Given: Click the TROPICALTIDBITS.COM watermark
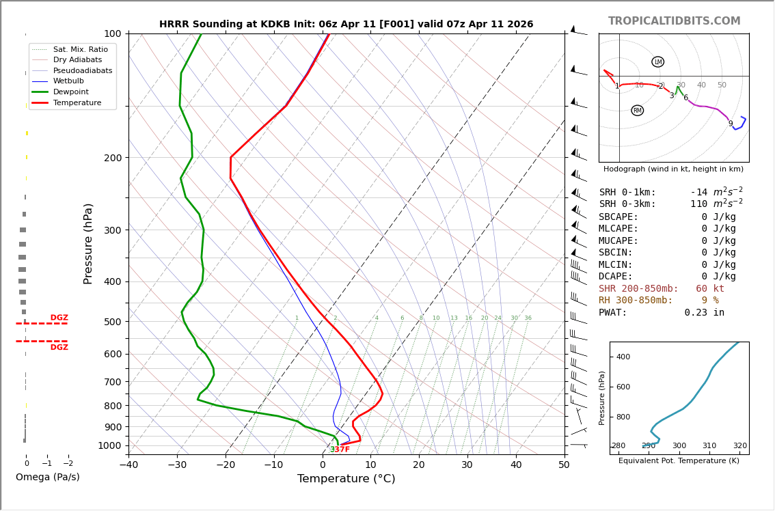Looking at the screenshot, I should (x=674, y=21).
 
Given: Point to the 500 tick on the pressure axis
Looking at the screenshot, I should (x=113, y=322).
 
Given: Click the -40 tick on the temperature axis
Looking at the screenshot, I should (x=128, y=465).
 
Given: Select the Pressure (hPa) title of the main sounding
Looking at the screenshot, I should (x=88, y=243).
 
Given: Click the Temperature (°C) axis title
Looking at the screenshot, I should (x=346, y=479).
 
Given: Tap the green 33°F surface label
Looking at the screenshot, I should (x=340, y=450).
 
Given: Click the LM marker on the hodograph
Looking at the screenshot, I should (x=657, y=62).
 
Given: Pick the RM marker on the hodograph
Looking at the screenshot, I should (x=637, y=111).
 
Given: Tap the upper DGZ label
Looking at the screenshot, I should (x=59, y=318).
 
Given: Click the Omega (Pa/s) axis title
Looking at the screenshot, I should (x=47, y=478).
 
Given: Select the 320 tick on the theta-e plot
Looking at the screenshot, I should (x=739, y=446).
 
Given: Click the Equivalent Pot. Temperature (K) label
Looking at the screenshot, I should (x=679, y=461).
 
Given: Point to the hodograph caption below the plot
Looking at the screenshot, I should (x=673, y=169).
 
